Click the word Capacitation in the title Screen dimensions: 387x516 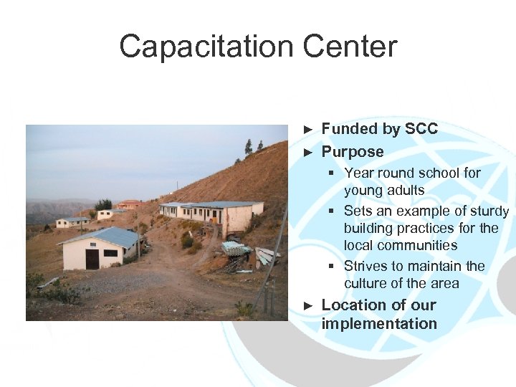click(x=206, y=47)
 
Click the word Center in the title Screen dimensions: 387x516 click(x=350, y=47)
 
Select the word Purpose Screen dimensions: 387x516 click(x=353, y=152)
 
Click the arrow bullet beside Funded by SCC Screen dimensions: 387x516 click(x=309, y=130)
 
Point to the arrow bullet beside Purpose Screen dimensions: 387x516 click(x=309, y=153)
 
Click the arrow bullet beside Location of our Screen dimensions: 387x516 click(x=309, y=305)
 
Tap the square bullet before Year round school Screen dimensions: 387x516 click(x=332, y=173)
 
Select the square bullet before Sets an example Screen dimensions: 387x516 click(x=332, y=211)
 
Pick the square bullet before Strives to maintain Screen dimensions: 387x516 click(x=332, y=267)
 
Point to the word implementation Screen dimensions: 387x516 click(x=379, y=323)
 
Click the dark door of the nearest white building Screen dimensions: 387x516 click(x=92, y=258)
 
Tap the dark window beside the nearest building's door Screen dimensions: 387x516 click(x=110, y=253)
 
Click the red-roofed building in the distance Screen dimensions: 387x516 click(x=129, y=204)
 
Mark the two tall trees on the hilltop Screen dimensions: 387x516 click(x=253, y=147)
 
